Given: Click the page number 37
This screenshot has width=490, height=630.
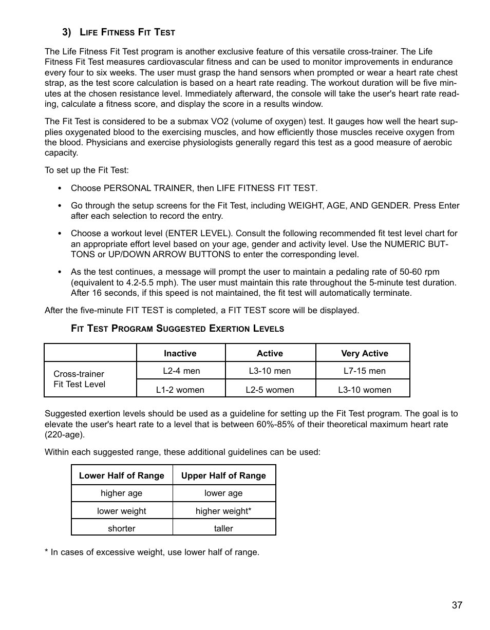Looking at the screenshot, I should point(457,605).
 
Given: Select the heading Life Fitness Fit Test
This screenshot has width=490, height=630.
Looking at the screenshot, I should point(127,32).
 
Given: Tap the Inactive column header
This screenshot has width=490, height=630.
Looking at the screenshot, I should point(180,353).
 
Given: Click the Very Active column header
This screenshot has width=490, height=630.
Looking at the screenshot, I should point(364,353).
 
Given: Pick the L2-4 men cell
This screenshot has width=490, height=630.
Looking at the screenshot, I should point(181,371).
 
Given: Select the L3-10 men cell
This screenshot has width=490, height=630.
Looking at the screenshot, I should point(270,371).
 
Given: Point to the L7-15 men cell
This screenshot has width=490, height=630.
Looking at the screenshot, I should point(364,371).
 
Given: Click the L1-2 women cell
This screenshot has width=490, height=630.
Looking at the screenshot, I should point(180,390).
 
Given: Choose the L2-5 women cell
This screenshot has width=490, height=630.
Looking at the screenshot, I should point(270,390).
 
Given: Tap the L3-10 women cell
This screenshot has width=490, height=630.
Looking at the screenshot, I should point(364,390).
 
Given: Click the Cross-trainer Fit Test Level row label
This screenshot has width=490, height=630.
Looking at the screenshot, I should point(79,379).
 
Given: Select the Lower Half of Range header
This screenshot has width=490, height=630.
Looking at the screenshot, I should point(122,475).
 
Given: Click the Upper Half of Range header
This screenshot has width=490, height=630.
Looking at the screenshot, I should point(223,475).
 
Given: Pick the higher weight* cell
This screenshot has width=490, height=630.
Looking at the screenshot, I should point(223,511).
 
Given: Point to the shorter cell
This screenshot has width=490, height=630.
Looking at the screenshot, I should point(122,528).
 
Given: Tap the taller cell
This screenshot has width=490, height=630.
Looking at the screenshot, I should point(223,528).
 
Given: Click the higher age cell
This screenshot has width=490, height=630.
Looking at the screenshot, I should point(122,493).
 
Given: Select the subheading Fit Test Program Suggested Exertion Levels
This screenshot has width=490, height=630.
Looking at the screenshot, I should point(177,328).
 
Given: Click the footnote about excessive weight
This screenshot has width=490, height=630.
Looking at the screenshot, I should point(152,552).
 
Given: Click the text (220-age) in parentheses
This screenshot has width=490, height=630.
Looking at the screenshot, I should point(65,434).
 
